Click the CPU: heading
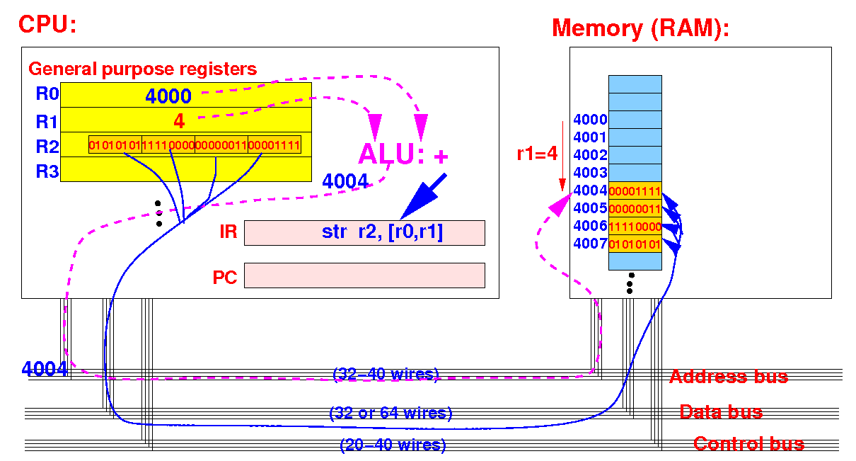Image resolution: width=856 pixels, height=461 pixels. tap(47, 25)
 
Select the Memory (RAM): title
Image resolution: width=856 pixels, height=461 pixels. tap(640, 28)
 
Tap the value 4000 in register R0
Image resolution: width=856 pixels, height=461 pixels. tap(168, 96)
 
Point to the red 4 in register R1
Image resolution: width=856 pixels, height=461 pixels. tap(179, 121)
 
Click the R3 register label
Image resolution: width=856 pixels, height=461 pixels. tap(47, 171)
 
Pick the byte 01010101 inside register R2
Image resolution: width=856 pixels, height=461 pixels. tap(115, 145)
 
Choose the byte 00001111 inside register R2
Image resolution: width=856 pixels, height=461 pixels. tap(274, 145)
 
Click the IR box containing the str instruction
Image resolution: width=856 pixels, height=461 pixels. tap(364, 232)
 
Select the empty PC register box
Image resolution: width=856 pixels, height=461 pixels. tap(364, 275)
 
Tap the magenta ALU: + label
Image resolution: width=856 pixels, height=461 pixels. tap(403, 154)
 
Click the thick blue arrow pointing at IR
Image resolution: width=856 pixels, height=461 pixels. tap(424, 197)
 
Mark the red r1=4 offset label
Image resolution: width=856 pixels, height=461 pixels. tap(537, 154)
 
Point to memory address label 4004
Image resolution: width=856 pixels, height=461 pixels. tap(590, 190)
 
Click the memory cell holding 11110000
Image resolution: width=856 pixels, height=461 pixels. tap(635, 226)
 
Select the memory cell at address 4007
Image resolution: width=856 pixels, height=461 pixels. tap(635, 244)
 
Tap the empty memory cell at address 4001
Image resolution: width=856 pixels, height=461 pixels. tap(635, 137)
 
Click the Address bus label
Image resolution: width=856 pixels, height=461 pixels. tap(729, 377)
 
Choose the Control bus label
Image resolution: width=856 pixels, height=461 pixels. tap(749, 444)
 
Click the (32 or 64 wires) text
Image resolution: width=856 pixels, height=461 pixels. tap(391, 413)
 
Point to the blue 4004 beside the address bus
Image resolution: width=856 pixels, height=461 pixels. tap(45, 369)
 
